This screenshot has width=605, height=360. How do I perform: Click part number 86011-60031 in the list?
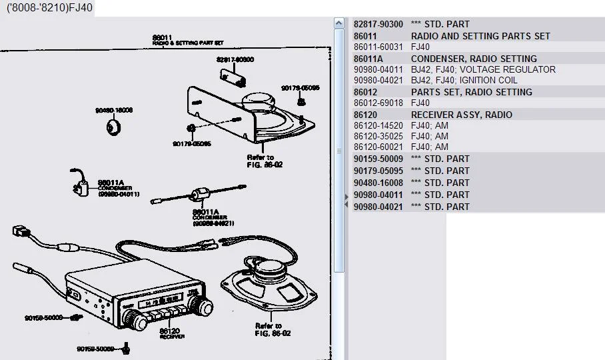click(x=378, y=47)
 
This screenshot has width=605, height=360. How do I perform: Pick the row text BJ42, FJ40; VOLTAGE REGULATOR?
click(x=483, y=69)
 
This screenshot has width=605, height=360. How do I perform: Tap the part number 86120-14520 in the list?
click(x=378, y=125)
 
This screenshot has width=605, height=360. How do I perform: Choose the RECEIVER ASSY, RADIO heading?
click(x=462, y=115)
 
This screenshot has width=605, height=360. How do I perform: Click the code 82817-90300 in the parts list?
click(x=378, y=24)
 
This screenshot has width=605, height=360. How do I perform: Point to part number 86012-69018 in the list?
click(x=378, y=103)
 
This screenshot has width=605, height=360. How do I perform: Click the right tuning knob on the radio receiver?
click(x=201, y=305)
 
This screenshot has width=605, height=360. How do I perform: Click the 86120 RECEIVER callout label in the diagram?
click(x=170, y=332)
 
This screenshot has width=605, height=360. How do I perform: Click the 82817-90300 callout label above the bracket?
click(x=235, y=59)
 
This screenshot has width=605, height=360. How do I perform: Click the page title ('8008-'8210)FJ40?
click(x=49, y=7)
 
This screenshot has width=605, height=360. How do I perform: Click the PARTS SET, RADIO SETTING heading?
click(x=471, y=92)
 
